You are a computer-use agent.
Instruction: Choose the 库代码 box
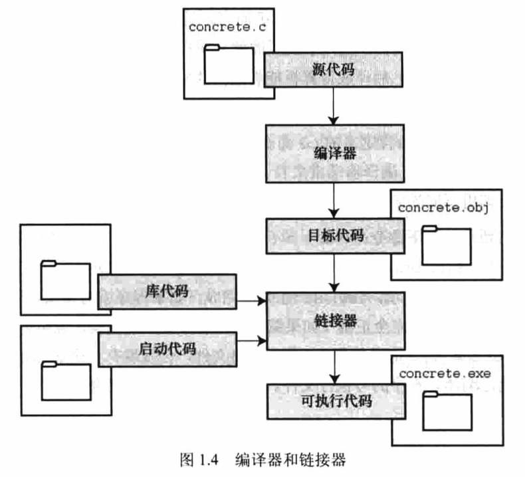167,291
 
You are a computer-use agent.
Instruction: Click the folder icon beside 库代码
64,280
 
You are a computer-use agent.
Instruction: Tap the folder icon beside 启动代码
64,379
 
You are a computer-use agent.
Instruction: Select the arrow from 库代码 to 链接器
251,302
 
